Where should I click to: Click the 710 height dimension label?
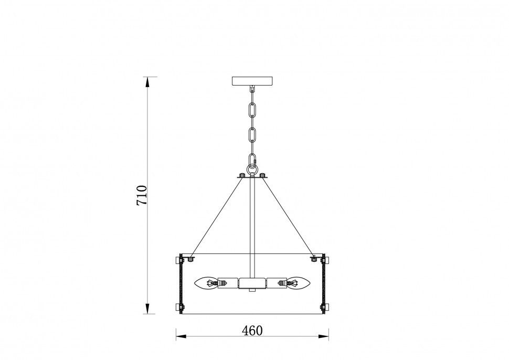point(142,195)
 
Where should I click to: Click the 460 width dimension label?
point(252,331)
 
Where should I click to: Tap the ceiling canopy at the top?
point(252,81)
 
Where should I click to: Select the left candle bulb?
point(206,283)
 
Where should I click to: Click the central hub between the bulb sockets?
point(252,283)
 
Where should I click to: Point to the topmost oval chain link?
point(252,110)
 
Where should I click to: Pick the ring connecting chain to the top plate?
point(252,170)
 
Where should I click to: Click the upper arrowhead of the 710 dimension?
point(147,81)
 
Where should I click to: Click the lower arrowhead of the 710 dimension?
point(147,309)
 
